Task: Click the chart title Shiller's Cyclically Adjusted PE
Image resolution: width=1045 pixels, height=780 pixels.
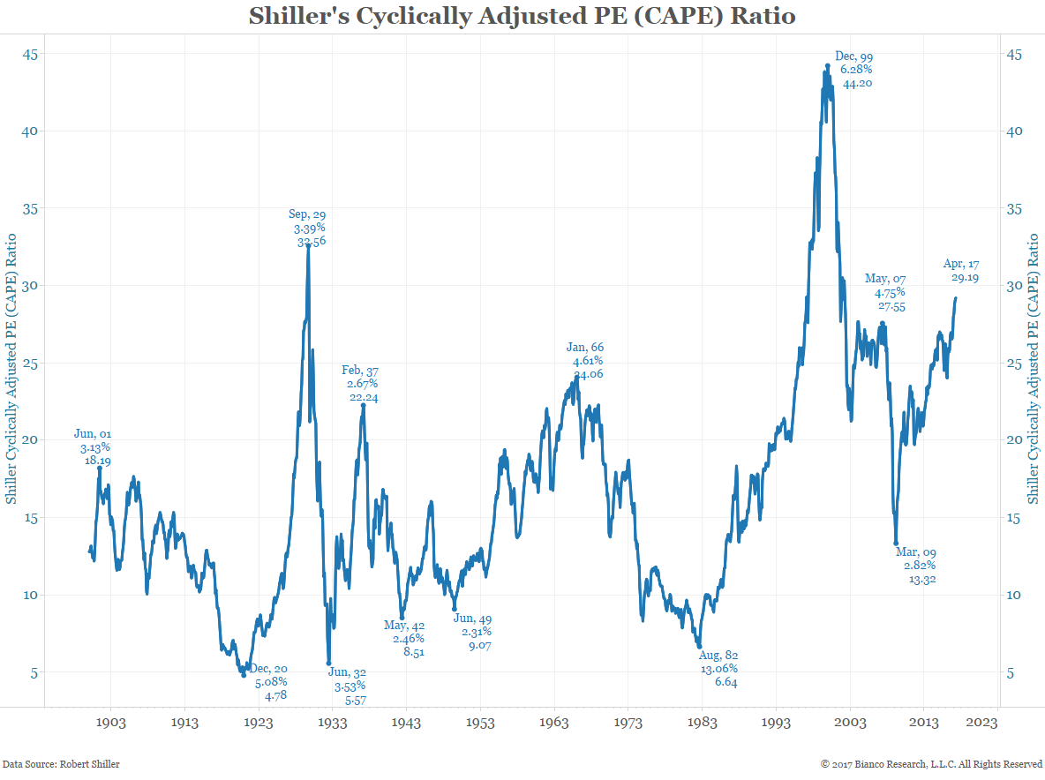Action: (x=522, y=16)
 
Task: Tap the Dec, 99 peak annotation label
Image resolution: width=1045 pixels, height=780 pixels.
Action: (x=853, y=71)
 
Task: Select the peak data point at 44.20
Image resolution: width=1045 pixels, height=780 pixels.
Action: (x=827, y=65)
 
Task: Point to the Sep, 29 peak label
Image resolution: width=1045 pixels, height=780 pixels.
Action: (x=307, y=228)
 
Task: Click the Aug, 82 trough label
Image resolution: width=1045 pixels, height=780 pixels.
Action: (x=718, y=669)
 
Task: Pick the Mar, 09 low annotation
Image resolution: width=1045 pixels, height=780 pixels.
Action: (x=915, y=566)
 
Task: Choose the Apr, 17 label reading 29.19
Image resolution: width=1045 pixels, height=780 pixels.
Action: (x=964, y=271)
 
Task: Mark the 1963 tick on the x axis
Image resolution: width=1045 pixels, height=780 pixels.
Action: (x=554, y=723)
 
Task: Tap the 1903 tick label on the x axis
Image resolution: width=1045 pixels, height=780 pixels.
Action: (x=110, y=723)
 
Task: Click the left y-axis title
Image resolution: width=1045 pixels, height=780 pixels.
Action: (x=11, y=368)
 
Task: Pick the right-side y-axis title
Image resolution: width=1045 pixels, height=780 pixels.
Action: (x=1034, y=368)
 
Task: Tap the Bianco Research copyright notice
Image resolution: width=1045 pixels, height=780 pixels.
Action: (x=931, y=764)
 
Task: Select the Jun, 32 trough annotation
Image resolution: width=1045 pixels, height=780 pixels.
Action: (x=350, y=686)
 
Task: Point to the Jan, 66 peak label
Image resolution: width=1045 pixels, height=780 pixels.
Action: (x=587, y=361)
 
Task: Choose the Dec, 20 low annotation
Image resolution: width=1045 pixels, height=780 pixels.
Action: (x=270, y=682)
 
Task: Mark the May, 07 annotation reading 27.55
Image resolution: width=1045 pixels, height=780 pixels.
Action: (x=884, y=293)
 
